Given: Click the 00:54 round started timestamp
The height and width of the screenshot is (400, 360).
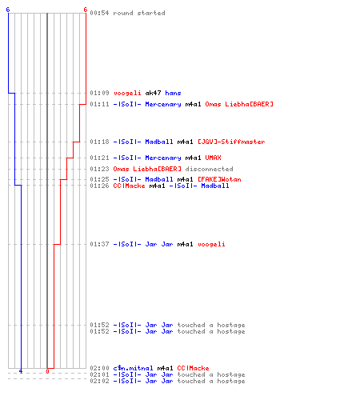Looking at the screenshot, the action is pos(99,13).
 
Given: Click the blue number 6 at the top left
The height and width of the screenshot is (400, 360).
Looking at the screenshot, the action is pos(8,10).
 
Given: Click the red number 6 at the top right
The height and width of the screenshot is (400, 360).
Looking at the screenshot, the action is pos(86,10).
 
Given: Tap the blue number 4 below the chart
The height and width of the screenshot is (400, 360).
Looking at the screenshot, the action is pos(21,371).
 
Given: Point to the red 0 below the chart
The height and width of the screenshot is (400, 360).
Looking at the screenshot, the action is pos(47,371).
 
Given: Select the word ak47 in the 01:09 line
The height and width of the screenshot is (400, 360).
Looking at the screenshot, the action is pos(153,93).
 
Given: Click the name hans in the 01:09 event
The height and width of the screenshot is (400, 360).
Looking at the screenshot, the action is pos(173,93).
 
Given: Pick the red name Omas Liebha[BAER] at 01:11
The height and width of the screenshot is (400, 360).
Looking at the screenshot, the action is pos(239,104).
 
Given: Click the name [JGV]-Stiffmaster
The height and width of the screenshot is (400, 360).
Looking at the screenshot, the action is pos(231,142).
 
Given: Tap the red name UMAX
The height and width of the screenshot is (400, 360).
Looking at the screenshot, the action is pos(213,158).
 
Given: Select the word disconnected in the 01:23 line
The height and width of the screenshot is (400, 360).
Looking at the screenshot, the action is pos(209,169).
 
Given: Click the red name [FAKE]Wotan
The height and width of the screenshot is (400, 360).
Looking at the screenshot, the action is pos(219,179).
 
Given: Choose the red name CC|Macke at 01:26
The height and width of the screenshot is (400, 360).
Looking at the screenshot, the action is pos(129,186).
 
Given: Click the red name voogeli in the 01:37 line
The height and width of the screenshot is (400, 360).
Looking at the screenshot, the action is pos(211,244).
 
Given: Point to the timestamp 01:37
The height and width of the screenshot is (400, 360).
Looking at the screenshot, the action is pos(99,244).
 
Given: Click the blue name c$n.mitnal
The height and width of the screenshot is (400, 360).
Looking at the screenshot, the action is pos(133,368).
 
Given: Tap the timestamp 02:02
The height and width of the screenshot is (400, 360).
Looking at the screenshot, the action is pos(99,381).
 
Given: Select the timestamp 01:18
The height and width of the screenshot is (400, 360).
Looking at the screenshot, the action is pos(99,142).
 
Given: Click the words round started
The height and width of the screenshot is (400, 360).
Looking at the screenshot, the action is pos(139,13).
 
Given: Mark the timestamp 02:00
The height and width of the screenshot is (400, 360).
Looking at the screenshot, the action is pos(99,368).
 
